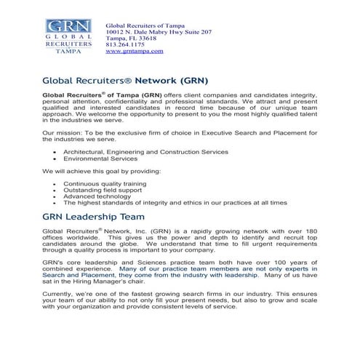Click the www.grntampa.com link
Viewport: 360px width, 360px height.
(135, 52)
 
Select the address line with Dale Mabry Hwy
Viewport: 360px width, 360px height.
(159, 33)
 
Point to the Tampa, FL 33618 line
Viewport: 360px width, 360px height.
(131, 39)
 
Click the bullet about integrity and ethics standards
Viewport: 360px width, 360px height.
(175, 203)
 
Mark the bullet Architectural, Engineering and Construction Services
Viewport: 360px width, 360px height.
(145, 151)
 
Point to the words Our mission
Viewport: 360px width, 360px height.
(62, 132)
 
